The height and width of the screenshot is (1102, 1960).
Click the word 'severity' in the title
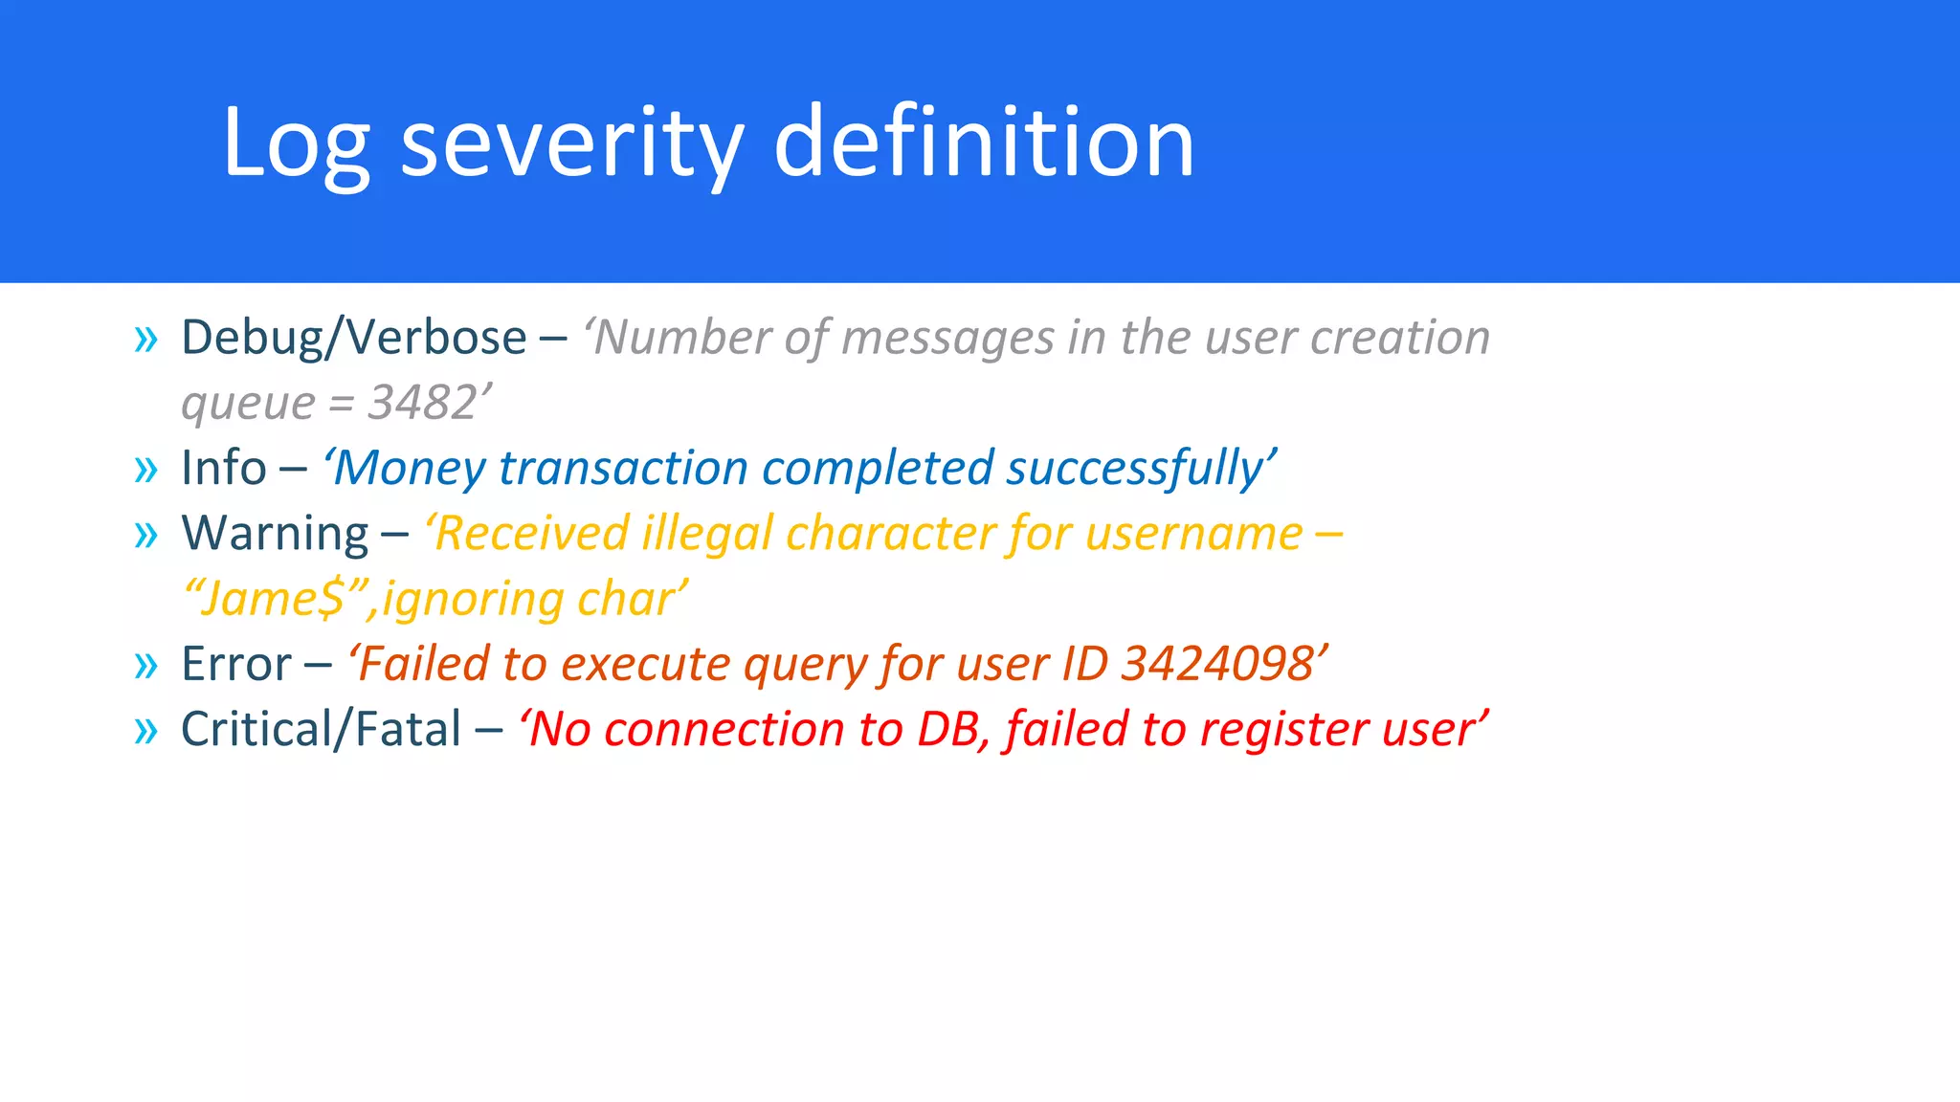tap(571, 143)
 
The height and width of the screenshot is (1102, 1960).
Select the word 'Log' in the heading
tap(296, 143)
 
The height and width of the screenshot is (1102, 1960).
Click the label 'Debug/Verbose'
tap(353, 338)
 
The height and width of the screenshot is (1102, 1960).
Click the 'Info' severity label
tap(224, 469)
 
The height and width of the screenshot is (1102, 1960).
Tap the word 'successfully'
tap(1135, 469)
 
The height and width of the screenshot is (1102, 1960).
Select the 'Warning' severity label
tap(275, 534)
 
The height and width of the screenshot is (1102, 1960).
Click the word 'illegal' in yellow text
tap(706, 534)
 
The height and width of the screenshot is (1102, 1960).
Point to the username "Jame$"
tap(273, 600)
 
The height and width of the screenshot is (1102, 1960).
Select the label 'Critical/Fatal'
tap(322, 730)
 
